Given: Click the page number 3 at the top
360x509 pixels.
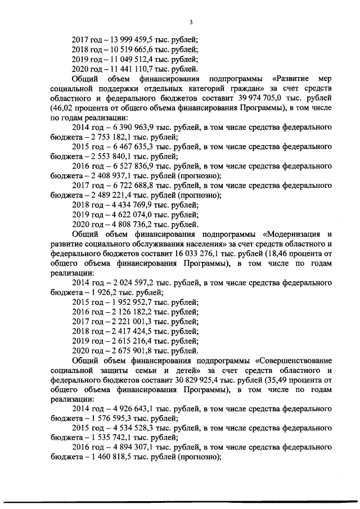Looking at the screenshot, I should (191, 22).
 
